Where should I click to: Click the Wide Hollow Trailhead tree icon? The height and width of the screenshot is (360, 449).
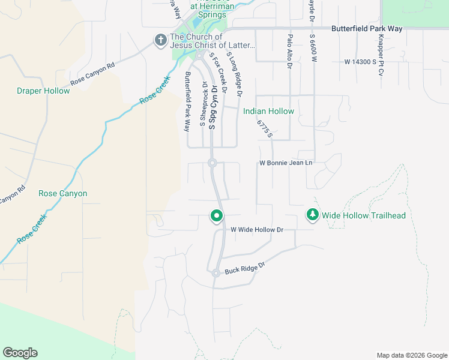pos(312,215)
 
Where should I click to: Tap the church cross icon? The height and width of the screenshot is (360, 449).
pos(160,40)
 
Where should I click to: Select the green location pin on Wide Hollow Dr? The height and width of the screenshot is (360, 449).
pos(217,215)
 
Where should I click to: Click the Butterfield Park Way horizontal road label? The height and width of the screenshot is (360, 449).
pos(375,28)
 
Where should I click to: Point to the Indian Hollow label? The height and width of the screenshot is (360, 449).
pos(268,111)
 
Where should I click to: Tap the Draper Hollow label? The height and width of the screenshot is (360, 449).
pos(43,91)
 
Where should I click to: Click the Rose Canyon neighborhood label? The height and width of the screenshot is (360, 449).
pos(62,193)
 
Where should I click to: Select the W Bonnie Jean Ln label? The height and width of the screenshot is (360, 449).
pos(286,163)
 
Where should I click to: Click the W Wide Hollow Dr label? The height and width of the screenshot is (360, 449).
pos(257,230)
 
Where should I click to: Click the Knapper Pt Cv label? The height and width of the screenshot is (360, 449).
pos(381,55)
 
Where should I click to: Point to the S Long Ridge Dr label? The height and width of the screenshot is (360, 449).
pos(234,74)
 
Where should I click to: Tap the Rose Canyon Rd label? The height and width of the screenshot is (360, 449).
pos(92,74)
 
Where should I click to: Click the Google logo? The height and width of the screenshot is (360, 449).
pos(20,353)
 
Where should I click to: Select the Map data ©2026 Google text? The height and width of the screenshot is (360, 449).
pos(411,355)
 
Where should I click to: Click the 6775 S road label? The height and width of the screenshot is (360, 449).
pos(265,128)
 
